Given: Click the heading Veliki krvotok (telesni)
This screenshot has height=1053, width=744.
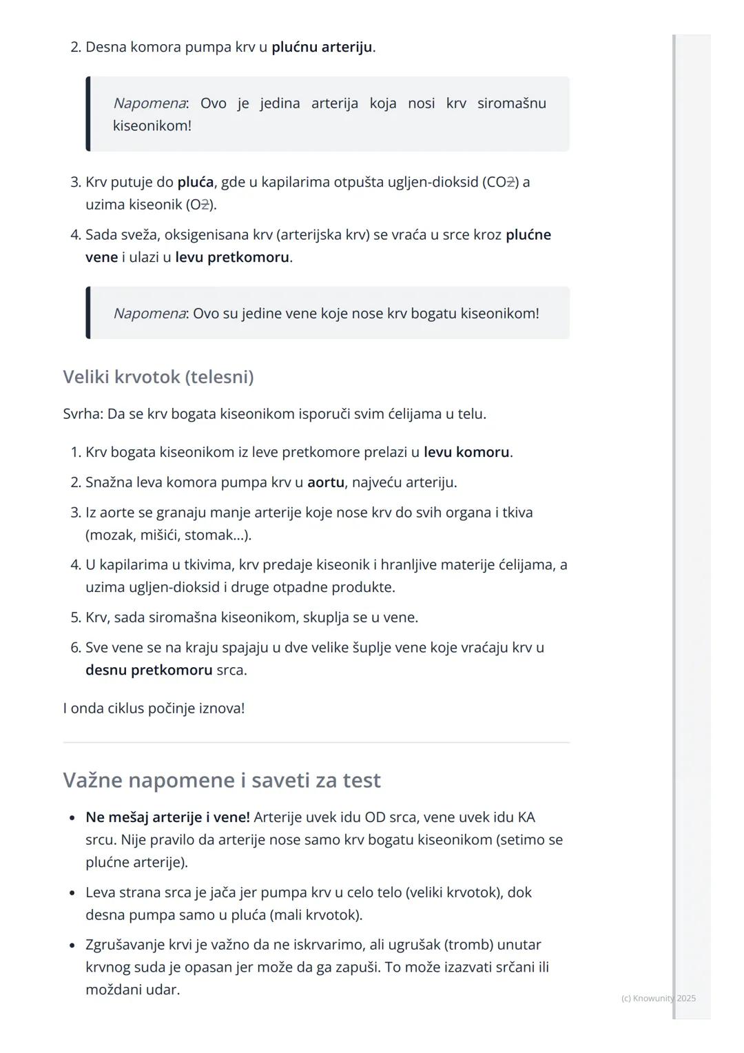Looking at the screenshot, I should click(158, 377).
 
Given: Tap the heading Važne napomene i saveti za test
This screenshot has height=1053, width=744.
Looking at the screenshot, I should click(221, 780).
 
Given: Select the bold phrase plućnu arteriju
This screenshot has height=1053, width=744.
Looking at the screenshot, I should click(322, 48).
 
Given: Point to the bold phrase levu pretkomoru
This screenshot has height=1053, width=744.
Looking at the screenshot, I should click(232, 257).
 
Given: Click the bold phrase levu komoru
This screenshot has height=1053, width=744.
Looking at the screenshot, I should click(466, 452).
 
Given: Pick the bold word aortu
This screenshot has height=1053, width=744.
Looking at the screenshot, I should click(326, 482).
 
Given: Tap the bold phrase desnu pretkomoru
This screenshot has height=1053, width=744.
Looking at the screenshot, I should click(149, 670).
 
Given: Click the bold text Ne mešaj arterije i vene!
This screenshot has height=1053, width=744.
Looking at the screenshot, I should click(167, 817).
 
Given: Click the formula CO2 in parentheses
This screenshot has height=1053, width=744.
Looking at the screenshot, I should click(501, 183).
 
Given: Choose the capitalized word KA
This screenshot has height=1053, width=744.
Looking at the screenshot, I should click(526, 817).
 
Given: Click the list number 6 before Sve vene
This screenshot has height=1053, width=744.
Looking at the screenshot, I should click(76, 648).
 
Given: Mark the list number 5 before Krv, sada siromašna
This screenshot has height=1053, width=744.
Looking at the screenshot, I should click(76, 617).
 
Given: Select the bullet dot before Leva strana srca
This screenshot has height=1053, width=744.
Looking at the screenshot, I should click(72, 893).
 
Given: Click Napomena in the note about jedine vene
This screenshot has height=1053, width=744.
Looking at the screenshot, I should click(149, 314).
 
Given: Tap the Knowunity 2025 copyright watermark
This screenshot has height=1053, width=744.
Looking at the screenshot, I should click(658, 999).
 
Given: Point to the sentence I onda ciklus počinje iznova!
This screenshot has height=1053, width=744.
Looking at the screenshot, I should click(154, 708).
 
